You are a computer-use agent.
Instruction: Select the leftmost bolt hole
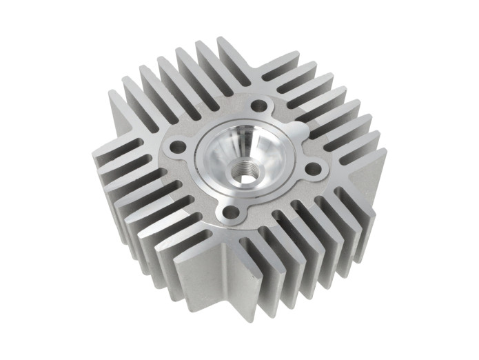178,146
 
